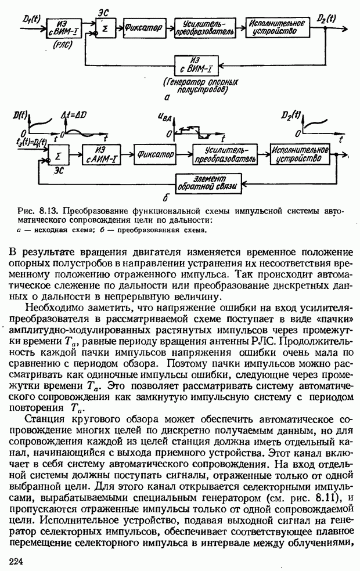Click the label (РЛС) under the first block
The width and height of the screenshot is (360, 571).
[61, 44]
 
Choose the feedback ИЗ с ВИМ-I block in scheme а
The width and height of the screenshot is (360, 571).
[198, 62]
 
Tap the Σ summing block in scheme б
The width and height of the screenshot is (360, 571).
[57, 154]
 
